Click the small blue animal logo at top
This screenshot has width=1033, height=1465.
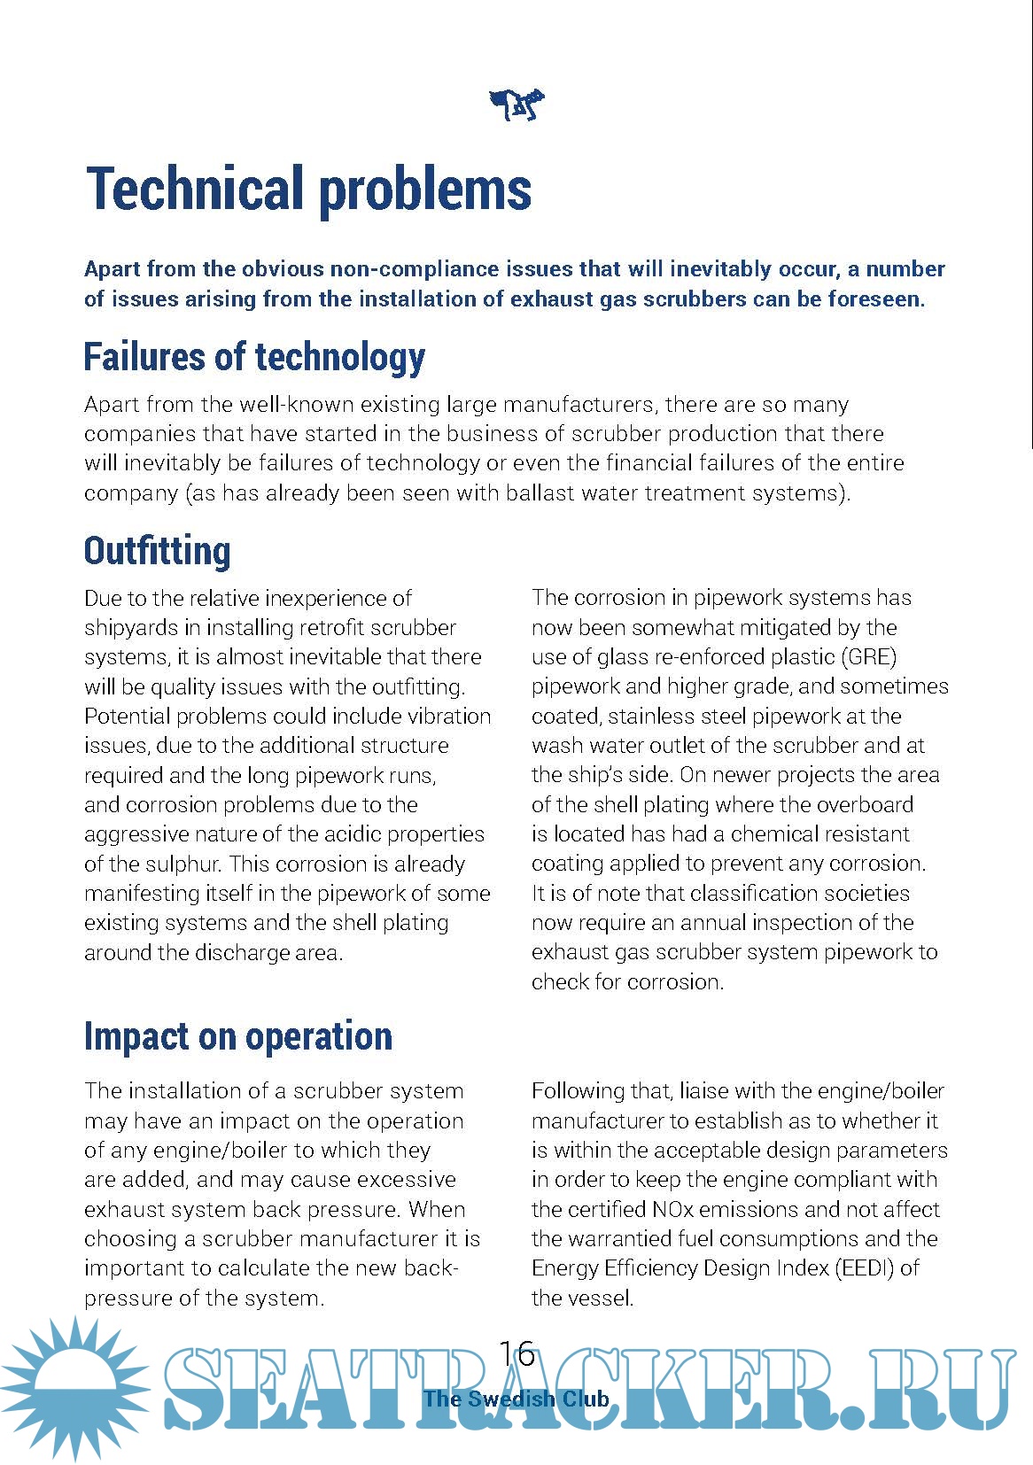pyautogui.click(x=516, y=105)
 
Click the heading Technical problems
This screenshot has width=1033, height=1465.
pyautogui.click(x=308, y=189)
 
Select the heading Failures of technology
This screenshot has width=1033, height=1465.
pyautogui.click(x=254, y=357)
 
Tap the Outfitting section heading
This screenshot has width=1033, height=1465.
pyautogui.click(x=157, y=550)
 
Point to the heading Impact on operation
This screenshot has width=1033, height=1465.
pyautogui.click(x=237, y=1035)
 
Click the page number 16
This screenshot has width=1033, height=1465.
pyautogui.click(x=516, y=1353)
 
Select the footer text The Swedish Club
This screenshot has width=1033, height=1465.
pyautogui.click(x=516, y=1399)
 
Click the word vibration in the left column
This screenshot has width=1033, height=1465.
pyautogui.click(x=449, y=716)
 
